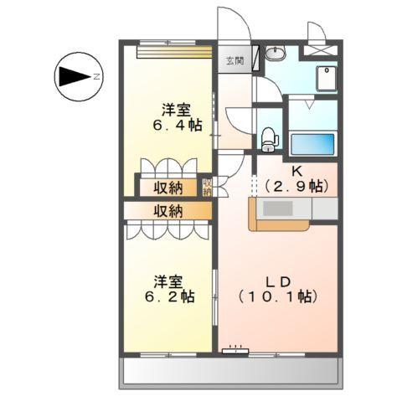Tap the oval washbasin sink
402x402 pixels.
pos(276,54)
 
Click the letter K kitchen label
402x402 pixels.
pos(296,172)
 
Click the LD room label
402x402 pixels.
pos(279,281)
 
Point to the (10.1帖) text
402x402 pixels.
pos(279,296)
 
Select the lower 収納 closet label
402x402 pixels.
pos(167,210)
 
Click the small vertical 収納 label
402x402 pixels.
pos(207,187)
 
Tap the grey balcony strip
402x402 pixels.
pos(232,369)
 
